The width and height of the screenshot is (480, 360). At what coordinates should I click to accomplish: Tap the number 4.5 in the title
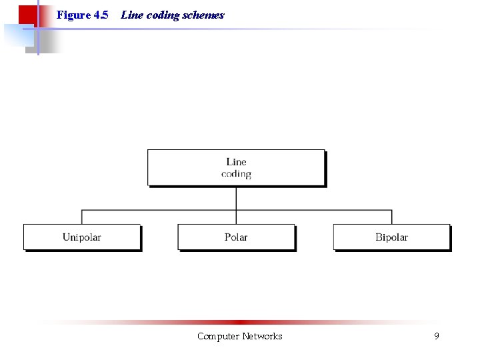pos(101,15)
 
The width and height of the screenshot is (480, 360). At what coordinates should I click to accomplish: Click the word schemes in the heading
pos(203,15)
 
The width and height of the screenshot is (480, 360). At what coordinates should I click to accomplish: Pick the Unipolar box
pos(82,237)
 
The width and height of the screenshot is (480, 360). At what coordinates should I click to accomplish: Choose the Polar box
pos(236,237)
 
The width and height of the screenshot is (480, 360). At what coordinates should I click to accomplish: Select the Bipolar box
pos(391,237)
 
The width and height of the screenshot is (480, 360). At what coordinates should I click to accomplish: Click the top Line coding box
pos(236,167)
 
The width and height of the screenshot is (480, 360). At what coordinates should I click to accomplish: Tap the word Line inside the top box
pos(236,161)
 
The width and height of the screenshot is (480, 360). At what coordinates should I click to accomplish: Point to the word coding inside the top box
pos(236,174)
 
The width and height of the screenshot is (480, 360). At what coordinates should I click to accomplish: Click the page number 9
pos(437,337)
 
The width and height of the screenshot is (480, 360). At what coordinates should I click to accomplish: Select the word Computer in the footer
pos(218,337)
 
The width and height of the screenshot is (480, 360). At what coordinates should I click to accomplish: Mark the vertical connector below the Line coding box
pos(236,198)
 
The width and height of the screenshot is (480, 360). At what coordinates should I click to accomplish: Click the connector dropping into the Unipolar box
pos(82,217)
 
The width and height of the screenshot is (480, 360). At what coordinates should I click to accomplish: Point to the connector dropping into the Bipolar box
pos(391,217)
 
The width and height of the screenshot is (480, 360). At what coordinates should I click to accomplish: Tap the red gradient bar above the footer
pos(240,322)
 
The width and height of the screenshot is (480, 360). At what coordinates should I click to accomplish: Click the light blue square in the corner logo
pos(16,36)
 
